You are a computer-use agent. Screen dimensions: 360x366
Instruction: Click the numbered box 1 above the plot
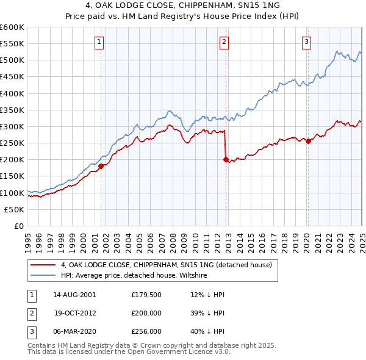click(99, 42)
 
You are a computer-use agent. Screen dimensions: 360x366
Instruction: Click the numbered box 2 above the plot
click(224, 42)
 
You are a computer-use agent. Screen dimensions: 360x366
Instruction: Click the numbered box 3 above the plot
click(306, 42)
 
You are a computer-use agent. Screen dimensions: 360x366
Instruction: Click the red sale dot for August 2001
click(101, 166)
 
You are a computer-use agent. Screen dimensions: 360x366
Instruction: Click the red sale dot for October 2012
click(226, 159)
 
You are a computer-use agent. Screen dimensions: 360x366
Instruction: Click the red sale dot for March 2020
click(308, 141)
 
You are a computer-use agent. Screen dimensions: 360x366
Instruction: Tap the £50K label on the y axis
click(15, 209)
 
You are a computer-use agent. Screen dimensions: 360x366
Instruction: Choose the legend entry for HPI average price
click(134, 276)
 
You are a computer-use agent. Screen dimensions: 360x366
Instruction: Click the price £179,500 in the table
click(146, 295)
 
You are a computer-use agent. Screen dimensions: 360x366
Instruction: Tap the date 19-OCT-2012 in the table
click(75, 312)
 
